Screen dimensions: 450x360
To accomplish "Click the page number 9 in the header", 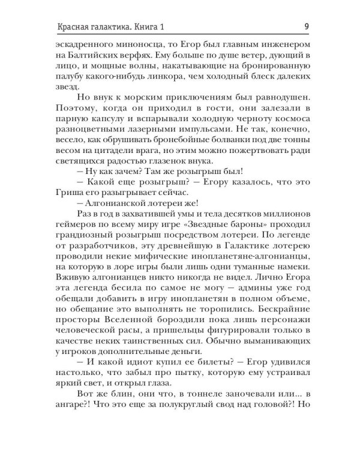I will click(307, 26).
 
